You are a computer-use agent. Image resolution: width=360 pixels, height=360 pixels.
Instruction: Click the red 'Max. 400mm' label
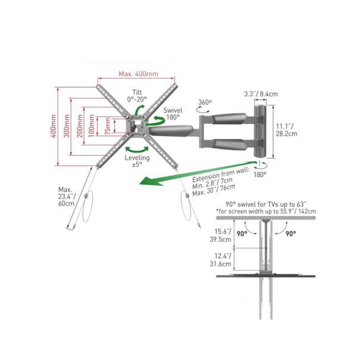[138, 74]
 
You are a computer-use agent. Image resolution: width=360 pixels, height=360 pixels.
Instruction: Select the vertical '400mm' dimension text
[53, 126]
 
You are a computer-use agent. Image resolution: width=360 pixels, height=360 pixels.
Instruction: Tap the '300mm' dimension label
[67, 126]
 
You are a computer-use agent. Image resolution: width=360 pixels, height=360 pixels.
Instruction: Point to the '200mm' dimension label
[80, 126]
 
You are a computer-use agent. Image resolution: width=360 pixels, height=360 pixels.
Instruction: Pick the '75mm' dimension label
[107, 126]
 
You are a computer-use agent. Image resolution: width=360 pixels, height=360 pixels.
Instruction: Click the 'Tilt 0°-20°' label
[137, 96]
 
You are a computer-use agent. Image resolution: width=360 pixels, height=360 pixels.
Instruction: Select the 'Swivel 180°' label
[173, 114]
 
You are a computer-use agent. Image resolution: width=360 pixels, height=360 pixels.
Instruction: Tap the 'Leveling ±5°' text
[137, 161]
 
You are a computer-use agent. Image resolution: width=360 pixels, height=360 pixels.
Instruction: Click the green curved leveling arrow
[137, 150]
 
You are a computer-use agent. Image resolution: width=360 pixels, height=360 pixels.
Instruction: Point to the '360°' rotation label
[205, 102]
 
